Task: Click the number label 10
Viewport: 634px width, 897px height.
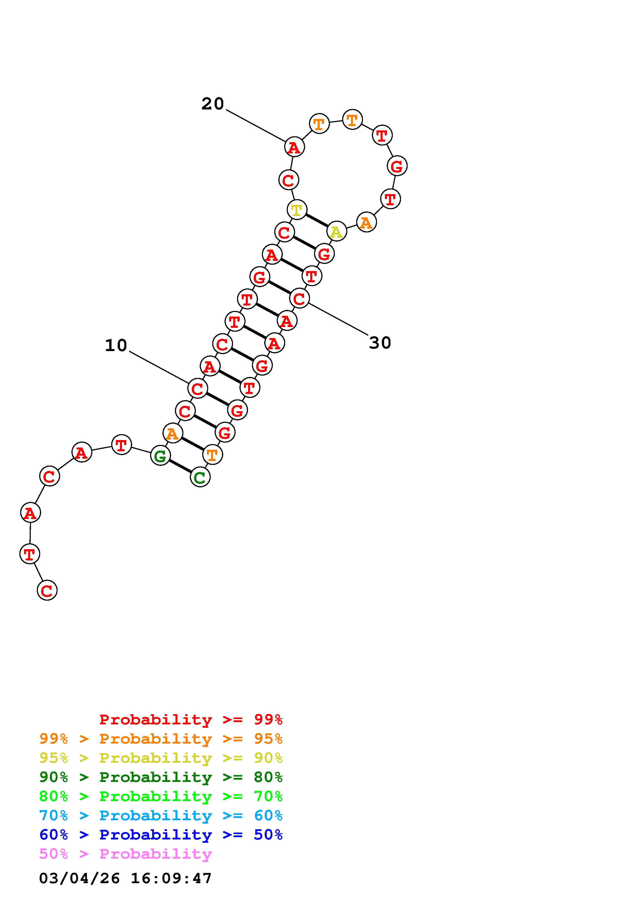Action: pos(116,345)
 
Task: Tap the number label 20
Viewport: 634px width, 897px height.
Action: pos(213,104)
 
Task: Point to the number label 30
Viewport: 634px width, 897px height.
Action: pos(380,343)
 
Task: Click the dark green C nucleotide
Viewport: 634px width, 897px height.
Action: pos(200,477)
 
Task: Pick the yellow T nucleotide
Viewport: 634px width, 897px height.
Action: pos(297,210)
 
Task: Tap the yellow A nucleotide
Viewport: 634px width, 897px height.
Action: pos(336,232)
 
